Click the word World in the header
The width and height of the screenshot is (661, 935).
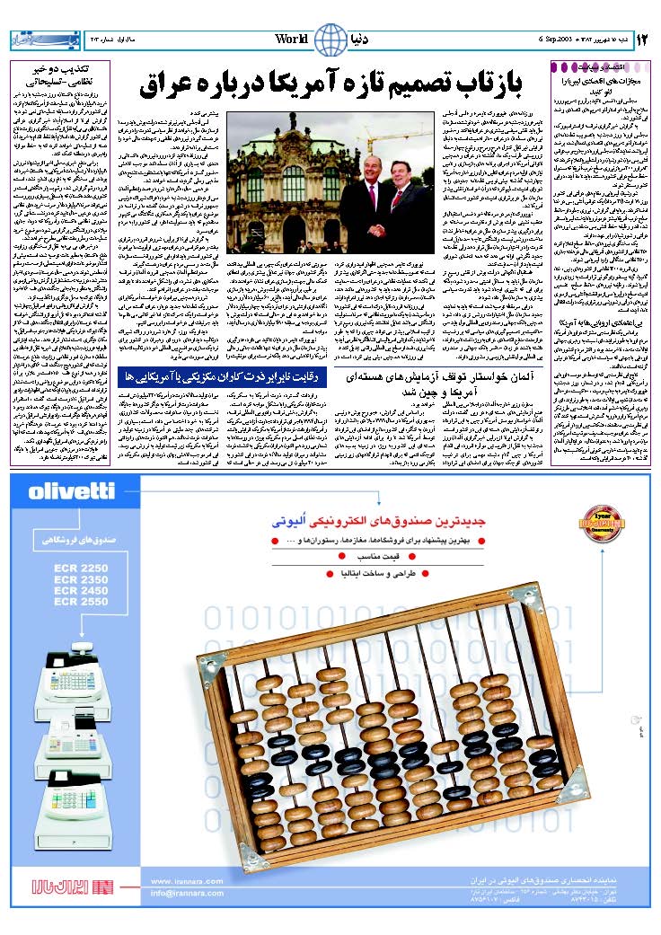[x=292, y=40]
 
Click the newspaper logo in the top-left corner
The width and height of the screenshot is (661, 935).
[x=35, y=40]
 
